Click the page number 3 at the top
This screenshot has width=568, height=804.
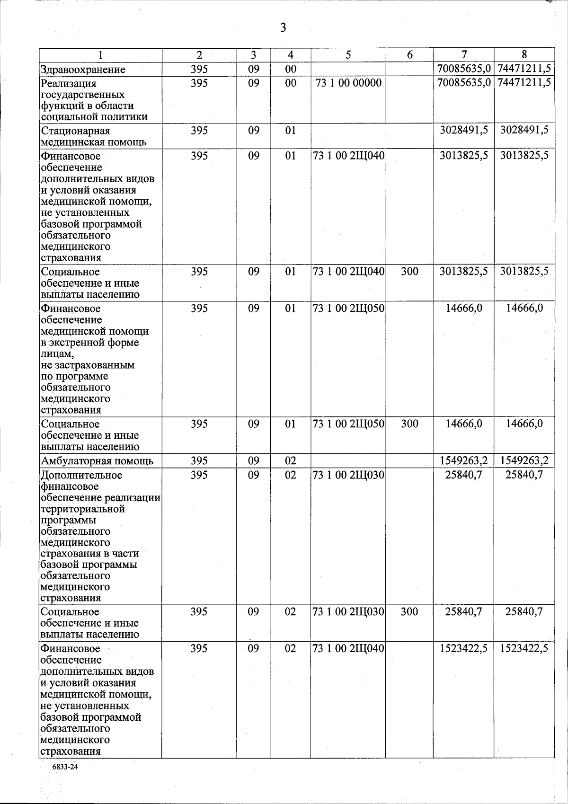pos(283,28)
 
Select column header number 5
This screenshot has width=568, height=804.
pos(348,55)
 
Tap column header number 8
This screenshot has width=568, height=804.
pos(524,54)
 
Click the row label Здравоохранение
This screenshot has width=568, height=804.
pos(83,70)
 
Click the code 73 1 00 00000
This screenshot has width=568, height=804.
pos(348,83)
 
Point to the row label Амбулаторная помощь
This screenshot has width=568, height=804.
pos(97,461)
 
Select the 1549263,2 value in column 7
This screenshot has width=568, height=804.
pos(463,461)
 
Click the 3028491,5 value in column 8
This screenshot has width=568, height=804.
pos(524,130)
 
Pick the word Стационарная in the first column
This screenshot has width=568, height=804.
pos(69,131)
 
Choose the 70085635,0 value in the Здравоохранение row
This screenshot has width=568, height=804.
pos(463,70)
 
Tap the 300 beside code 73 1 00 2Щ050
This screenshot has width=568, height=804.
pos(409,424)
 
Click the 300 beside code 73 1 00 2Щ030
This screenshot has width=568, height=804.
pos(409,611)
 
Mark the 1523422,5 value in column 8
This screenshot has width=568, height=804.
pos(524,648)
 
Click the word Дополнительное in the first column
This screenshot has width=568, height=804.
pos(81,475)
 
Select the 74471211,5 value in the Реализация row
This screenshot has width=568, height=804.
pos(524,83)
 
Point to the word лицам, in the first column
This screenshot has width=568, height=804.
pos(57,354)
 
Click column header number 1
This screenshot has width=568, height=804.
pos(100,55)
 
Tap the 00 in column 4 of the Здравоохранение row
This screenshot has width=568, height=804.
pos(290,70)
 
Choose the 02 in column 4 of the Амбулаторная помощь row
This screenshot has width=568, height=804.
pos(290,461)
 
